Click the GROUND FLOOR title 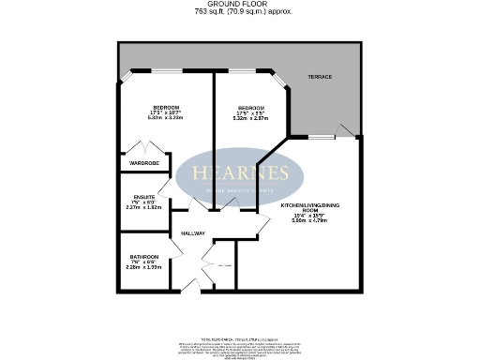pos(239,4)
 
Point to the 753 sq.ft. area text pos(239,12)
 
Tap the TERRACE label pos(321,77)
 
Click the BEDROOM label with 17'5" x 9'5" pos(250,107)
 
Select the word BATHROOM pos(143,256)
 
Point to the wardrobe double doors pos(144,148)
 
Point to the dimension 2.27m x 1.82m pos(141,208)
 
